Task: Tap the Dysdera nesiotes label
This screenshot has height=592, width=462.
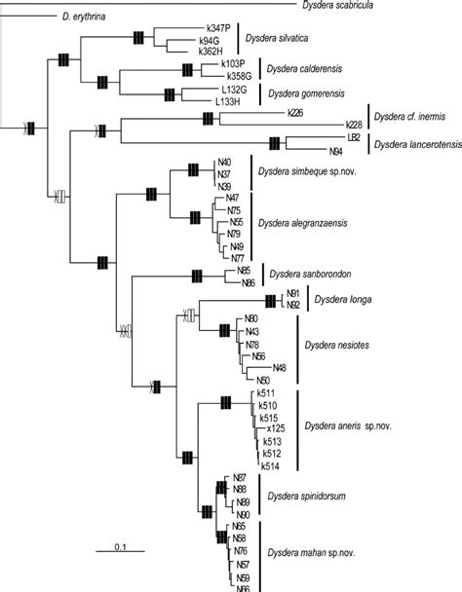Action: point(340,346)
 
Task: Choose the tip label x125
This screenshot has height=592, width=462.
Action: point(276,428)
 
